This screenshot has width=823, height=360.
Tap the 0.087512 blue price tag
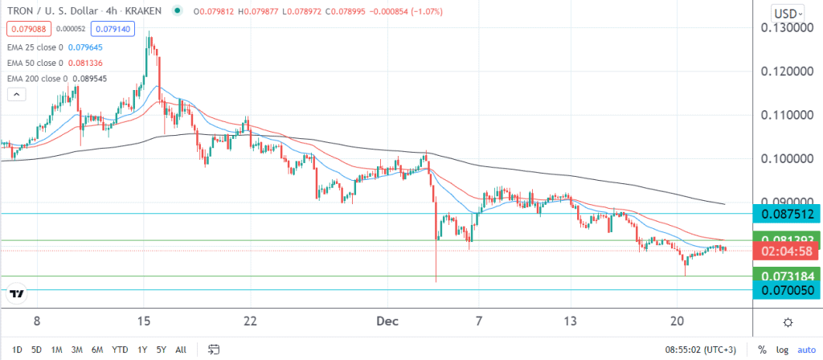786,213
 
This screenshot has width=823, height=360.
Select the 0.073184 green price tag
786,276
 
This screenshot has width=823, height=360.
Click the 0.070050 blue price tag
786,290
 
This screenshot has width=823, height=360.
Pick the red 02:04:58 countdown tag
786,252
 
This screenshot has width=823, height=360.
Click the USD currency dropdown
786,13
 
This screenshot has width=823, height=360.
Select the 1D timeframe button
15,350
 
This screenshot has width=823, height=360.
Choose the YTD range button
121,350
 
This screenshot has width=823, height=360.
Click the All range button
181,350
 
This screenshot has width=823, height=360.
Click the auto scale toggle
805,350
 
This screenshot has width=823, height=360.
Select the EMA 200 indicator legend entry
56,78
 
